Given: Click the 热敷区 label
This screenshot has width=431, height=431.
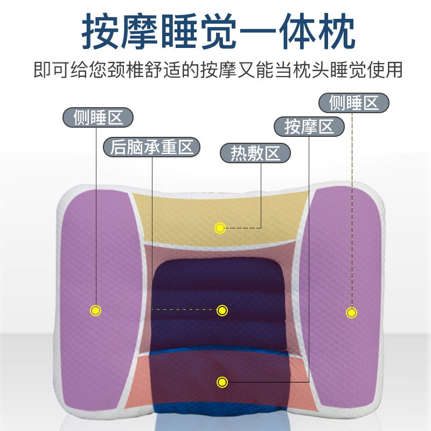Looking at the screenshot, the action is (x=255, y=153).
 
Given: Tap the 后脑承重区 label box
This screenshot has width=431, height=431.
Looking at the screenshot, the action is (x=151, y=147).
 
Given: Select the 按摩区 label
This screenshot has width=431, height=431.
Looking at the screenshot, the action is (x=309, y=127).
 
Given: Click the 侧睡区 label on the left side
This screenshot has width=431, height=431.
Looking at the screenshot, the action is (x=98, y=117).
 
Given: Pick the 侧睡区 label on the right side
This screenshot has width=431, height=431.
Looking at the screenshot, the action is (x=353, y=102).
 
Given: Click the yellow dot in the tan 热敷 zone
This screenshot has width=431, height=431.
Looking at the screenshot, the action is (x=220, y=228).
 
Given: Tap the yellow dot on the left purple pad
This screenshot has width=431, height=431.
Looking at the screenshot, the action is (x=95, y=310).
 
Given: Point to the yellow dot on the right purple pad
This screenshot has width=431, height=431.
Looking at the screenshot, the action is (x=351, y=312).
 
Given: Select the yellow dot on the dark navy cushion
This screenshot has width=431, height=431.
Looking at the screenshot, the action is (x=222, y=310).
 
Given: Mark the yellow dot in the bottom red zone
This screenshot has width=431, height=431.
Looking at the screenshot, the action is (x=221, y=383).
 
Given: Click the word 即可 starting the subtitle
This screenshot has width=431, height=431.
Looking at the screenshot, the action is (x=51, y=70).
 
